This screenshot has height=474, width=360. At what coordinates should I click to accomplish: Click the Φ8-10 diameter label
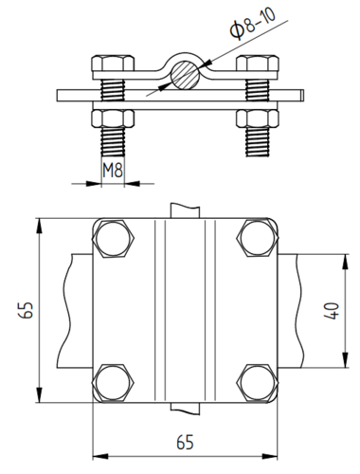coord(253,23)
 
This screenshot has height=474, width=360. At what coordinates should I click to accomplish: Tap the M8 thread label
coord(113,171)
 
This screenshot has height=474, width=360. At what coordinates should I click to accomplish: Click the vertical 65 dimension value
coord(26,310)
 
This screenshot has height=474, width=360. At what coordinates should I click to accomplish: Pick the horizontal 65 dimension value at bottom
coord(185,442)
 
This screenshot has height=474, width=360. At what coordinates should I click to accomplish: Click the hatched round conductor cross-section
coord(185,75)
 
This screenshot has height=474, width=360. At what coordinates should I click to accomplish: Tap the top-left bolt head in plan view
coord(114,239)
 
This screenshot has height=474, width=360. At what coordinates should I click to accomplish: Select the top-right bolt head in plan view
coord(258,238)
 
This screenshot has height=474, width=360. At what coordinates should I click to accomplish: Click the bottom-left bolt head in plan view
coord(113,383)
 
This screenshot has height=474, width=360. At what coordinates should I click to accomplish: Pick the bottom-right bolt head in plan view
coord(258,383)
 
